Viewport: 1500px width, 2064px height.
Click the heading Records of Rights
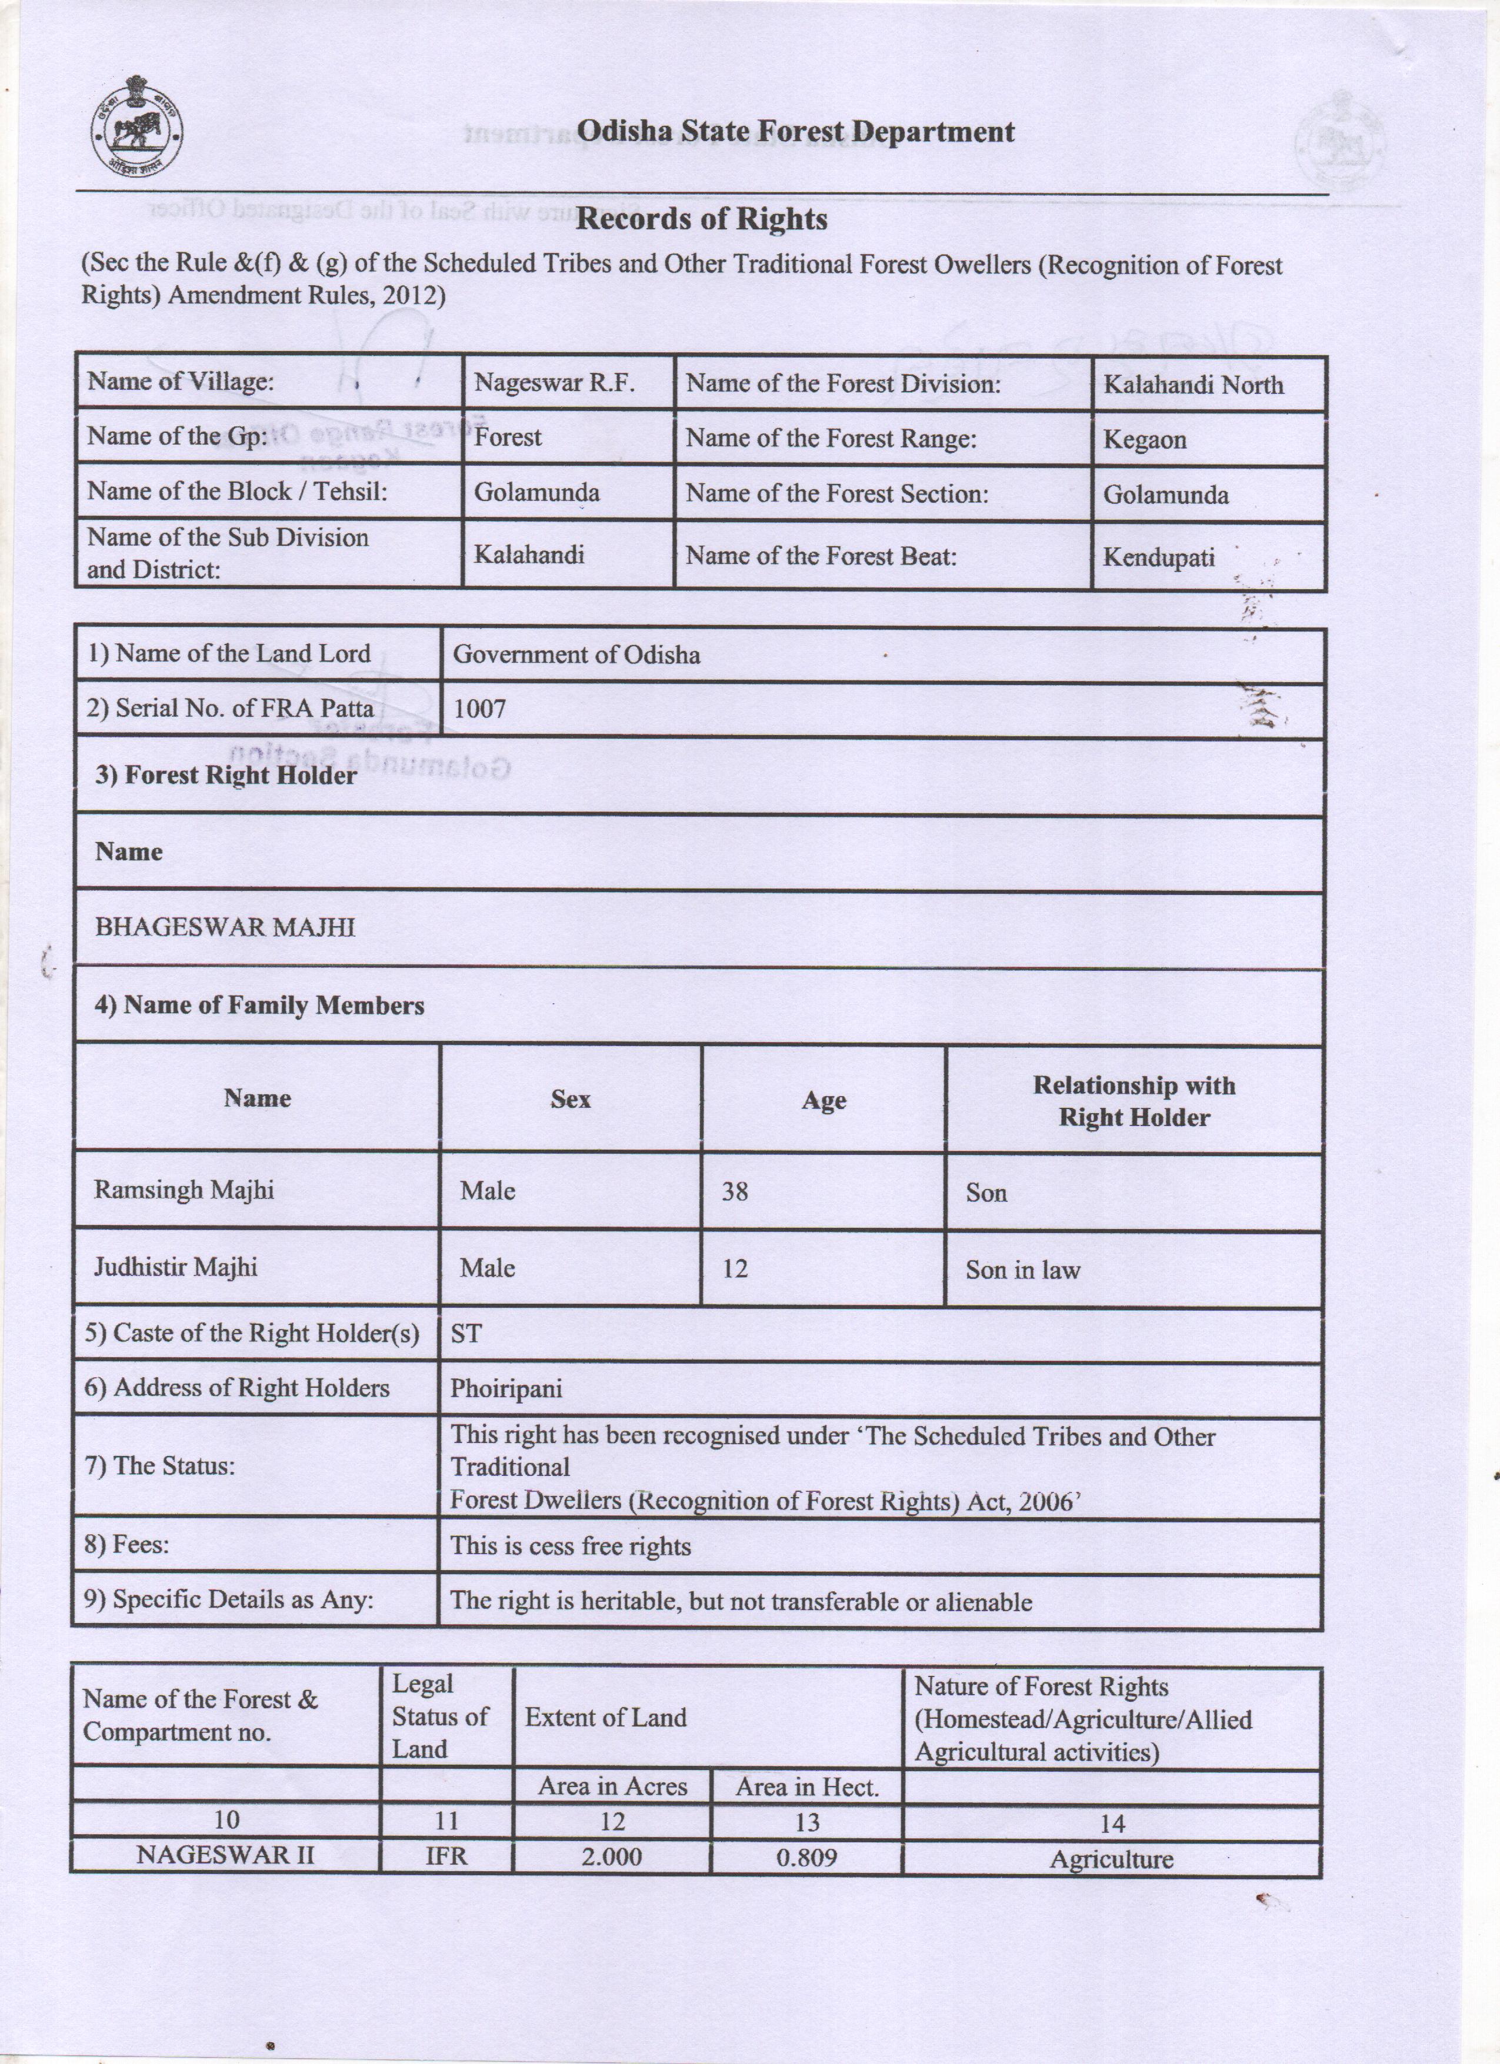[x=702, y=219]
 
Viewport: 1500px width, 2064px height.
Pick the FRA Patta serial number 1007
[x=479, y=709]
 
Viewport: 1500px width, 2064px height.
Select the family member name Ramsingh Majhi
[x=184, y=1190]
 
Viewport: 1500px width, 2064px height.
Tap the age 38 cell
[x=735, y=1191]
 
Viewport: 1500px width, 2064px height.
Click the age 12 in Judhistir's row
[x=735, y=1268]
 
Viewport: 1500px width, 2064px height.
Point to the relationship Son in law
[x=1022, y=1270]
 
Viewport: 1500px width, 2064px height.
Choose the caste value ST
[x=466, y=1334]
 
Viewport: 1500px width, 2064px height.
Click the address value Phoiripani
[x=506, y=1389]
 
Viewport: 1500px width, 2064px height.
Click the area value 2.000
[x=612, y=1858]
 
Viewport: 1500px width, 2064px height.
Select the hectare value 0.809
[x=806, y=1858]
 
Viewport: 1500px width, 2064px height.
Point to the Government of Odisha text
[x=576, y=655]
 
